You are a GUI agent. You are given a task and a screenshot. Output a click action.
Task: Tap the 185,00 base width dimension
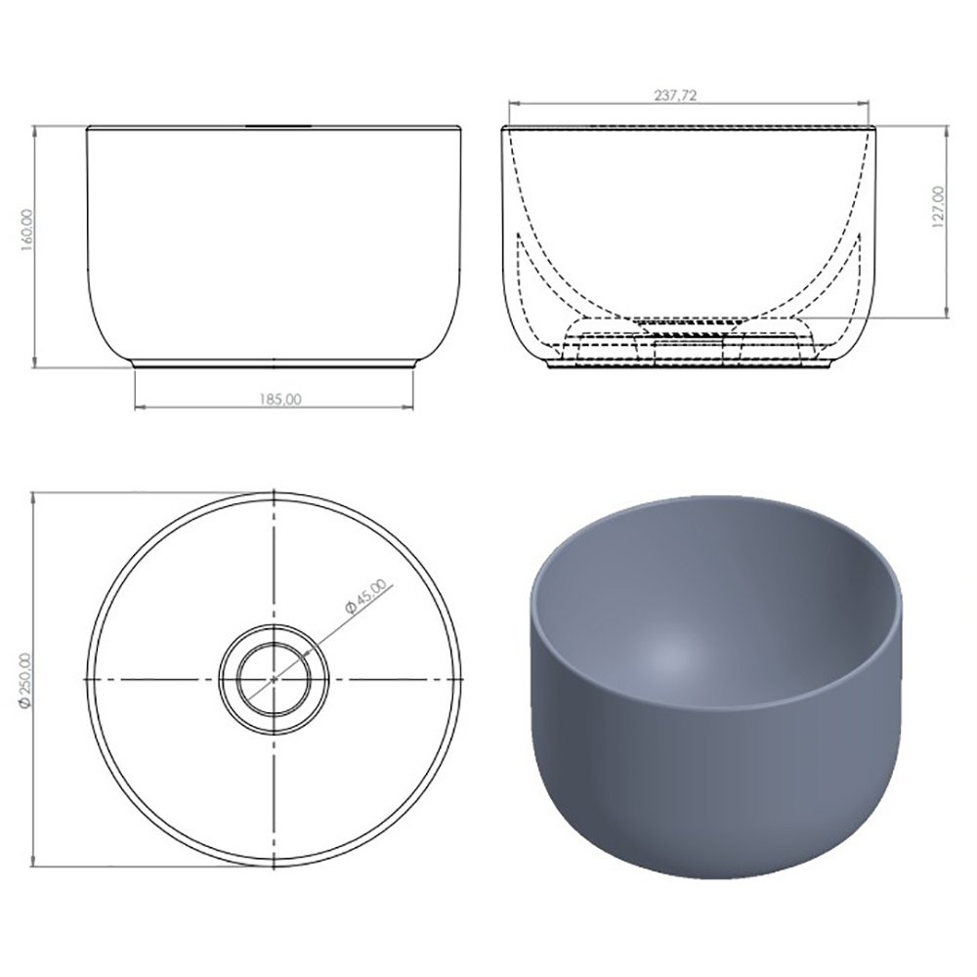point(279,400)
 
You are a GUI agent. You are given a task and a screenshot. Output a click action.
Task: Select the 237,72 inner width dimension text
point(675,96)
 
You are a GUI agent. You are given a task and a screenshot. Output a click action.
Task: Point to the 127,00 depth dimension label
point(938,207)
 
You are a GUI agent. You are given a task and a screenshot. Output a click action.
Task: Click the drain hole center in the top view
point(275,679)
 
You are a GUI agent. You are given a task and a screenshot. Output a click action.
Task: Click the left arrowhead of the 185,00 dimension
point(140,408)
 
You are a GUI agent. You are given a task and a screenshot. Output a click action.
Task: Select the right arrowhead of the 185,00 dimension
point(408,408)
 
